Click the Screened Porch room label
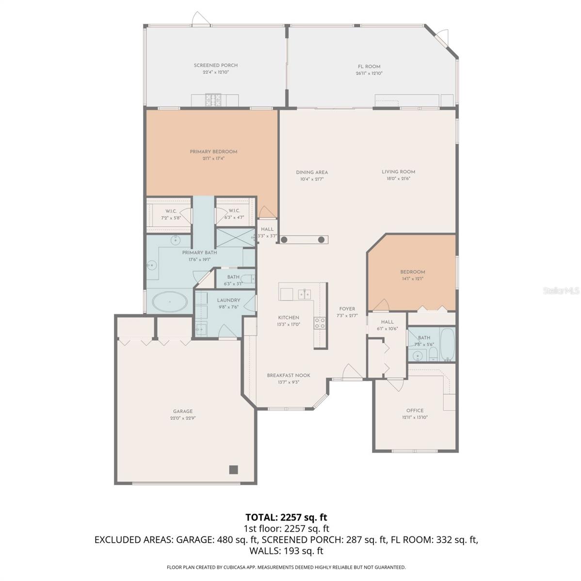[216, 65]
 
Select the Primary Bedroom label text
[213, 152]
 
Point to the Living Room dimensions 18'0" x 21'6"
[398, 179]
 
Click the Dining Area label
[312, 172]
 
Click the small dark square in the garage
[234, 469]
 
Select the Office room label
[415, 411]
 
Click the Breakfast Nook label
[289, 375]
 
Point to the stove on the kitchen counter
[320, 323]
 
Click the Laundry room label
[228, 300]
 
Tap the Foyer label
[347, 309]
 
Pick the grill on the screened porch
[212, 100]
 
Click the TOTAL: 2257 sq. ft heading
[290, 518]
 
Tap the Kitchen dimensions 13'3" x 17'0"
[289, 324]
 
